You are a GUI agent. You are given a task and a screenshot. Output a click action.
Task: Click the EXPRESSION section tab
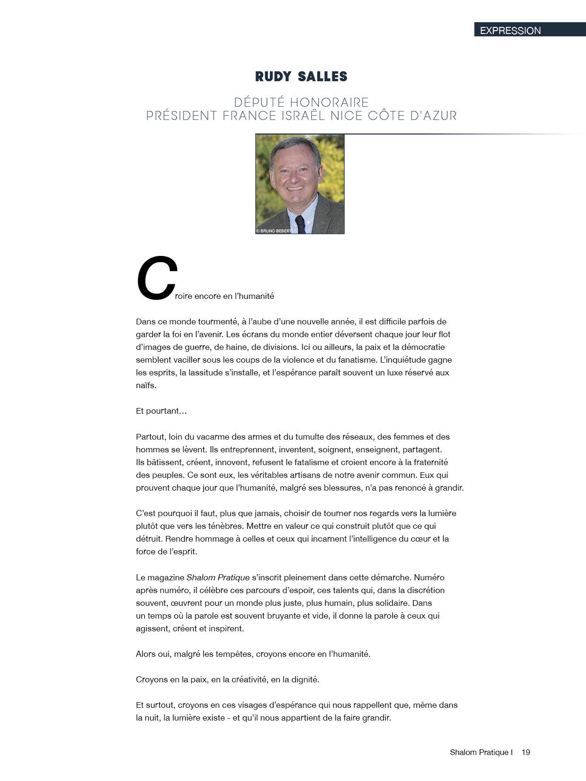coord(510,31)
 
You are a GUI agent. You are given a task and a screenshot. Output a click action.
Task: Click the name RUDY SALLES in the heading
coord(301,76)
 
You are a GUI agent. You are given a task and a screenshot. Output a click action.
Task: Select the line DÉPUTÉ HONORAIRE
coord(301,102)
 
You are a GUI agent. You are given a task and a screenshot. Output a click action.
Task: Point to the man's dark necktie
coord(300,224)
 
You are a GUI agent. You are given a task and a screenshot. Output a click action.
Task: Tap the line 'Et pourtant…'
coord(161,411)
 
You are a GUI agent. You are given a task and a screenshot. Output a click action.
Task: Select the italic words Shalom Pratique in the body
coord(218,577)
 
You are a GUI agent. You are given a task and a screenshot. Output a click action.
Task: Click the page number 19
coord(526,752)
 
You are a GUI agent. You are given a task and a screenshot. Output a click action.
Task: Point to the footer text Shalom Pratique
coord(479,752)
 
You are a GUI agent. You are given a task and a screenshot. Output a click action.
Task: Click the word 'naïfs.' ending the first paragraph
coord(146,385)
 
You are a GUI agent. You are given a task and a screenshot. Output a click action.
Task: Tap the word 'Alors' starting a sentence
coord(146,654)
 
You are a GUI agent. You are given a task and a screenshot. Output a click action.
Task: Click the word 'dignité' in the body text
coord(304,679)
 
